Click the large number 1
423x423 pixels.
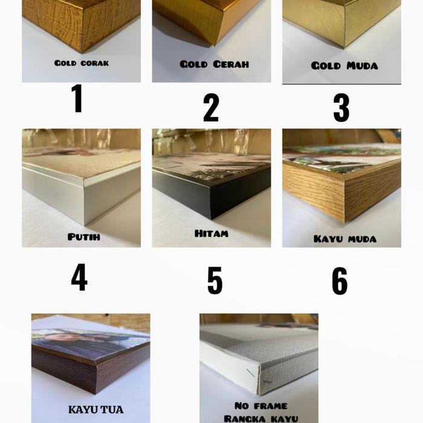77,98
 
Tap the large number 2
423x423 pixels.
211,108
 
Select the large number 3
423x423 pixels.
341,108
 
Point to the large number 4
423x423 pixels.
79,277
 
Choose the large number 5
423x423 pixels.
215,280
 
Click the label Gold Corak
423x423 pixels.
82,63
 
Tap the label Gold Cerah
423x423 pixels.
214,64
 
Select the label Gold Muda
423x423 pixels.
344,65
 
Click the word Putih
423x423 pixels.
84,237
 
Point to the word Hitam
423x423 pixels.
211,233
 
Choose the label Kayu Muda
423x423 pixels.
345,239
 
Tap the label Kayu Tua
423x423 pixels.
95,410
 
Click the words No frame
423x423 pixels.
260,405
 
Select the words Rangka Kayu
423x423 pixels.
261,418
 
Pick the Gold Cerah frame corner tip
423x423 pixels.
214,42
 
